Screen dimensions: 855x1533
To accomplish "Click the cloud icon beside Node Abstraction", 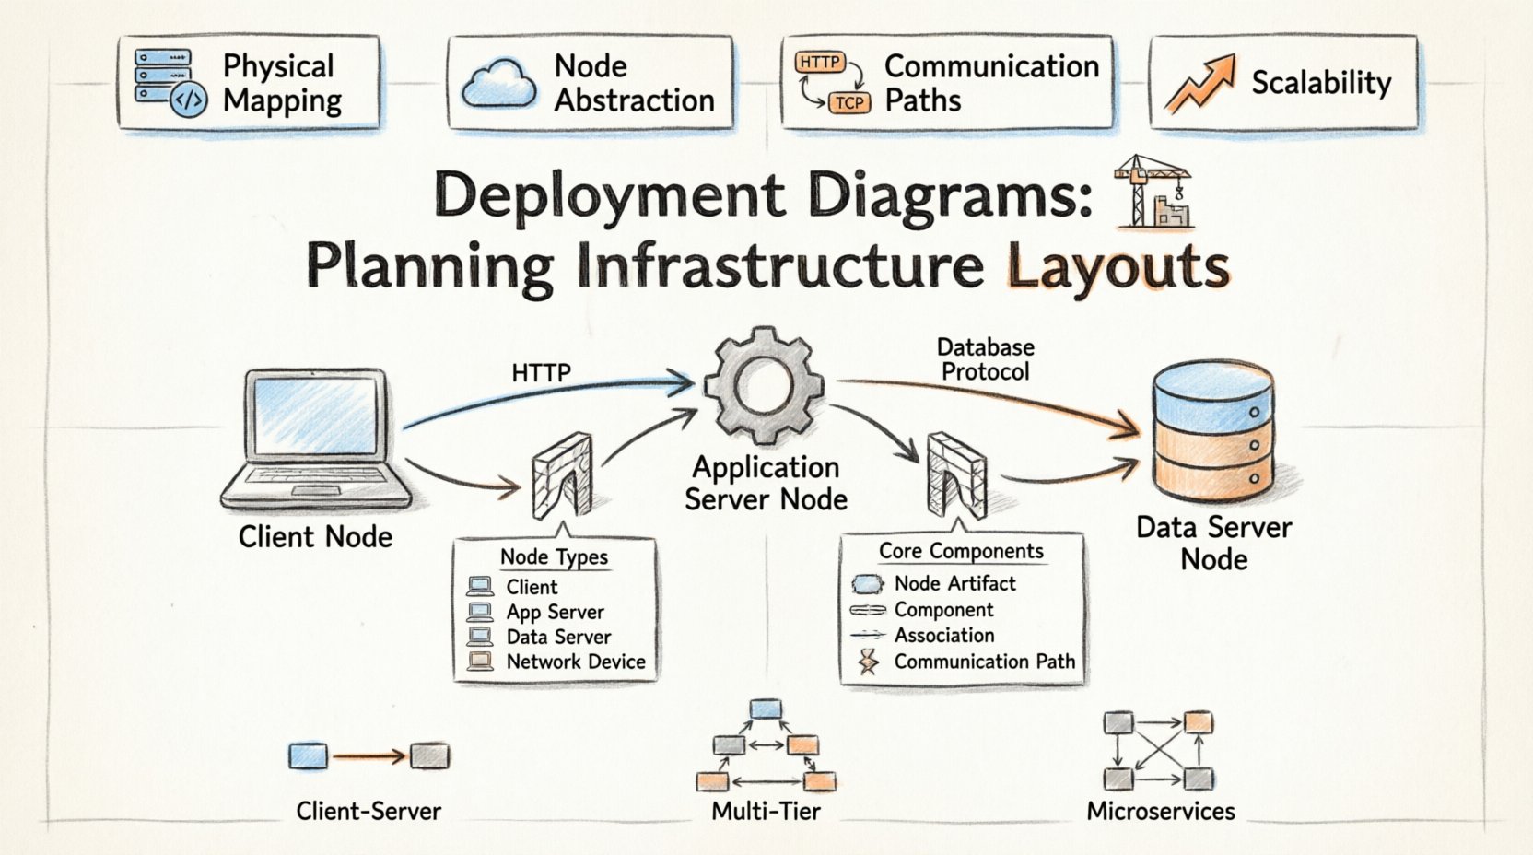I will pyautogui.click(x=498, y=83).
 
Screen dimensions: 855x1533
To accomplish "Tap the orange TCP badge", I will pyautogui.click(x=848, y=103).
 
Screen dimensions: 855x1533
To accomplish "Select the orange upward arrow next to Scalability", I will pyautogui.click(x=1199, y=82).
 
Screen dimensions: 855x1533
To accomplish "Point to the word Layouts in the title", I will pyautogui.click(x=1118, y=267).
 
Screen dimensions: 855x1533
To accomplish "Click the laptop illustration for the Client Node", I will pyautogui.click(x=316, y=439).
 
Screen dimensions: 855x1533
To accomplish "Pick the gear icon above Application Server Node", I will pyautogui.click(x=764, y=383).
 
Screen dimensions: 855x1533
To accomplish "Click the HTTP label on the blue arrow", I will pyautogui.click(x=542, y=373).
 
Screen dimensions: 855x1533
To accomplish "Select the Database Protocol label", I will pyautogui.click(x=985, y=359).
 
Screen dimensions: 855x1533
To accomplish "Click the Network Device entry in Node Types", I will pyautogui.click(x=575, y=662).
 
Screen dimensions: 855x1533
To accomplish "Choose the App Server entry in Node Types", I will pyautogui.click(x=555, y=612).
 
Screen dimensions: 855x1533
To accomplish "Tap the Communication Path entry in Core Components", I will pyautogui.click(x=984, y=662).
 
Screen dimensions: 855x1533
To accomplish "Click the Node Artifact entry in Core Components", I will pyautogui.click(x=954, y=583).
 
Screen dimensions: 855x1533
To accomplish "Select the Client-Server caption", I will pyautogui.click(x=369, y=811).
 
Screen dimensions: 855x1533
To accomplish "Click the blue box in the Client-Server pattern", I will pyautogui.click(x=308, y=756).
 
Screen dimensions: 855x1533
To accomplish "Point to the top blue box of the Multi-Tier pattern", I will pyautogui.click(x=766, y=709).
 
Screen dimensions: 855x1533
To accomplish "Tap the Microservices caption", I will pyautogui.click(x=1160, y=811).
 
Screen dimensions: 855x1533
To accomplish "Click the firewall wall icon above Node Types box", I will pyautogui.click(x=562, y=476).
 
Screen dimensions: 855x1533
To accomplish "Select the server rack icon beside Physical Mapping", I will pyautogui.click(x=163, y=77).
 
